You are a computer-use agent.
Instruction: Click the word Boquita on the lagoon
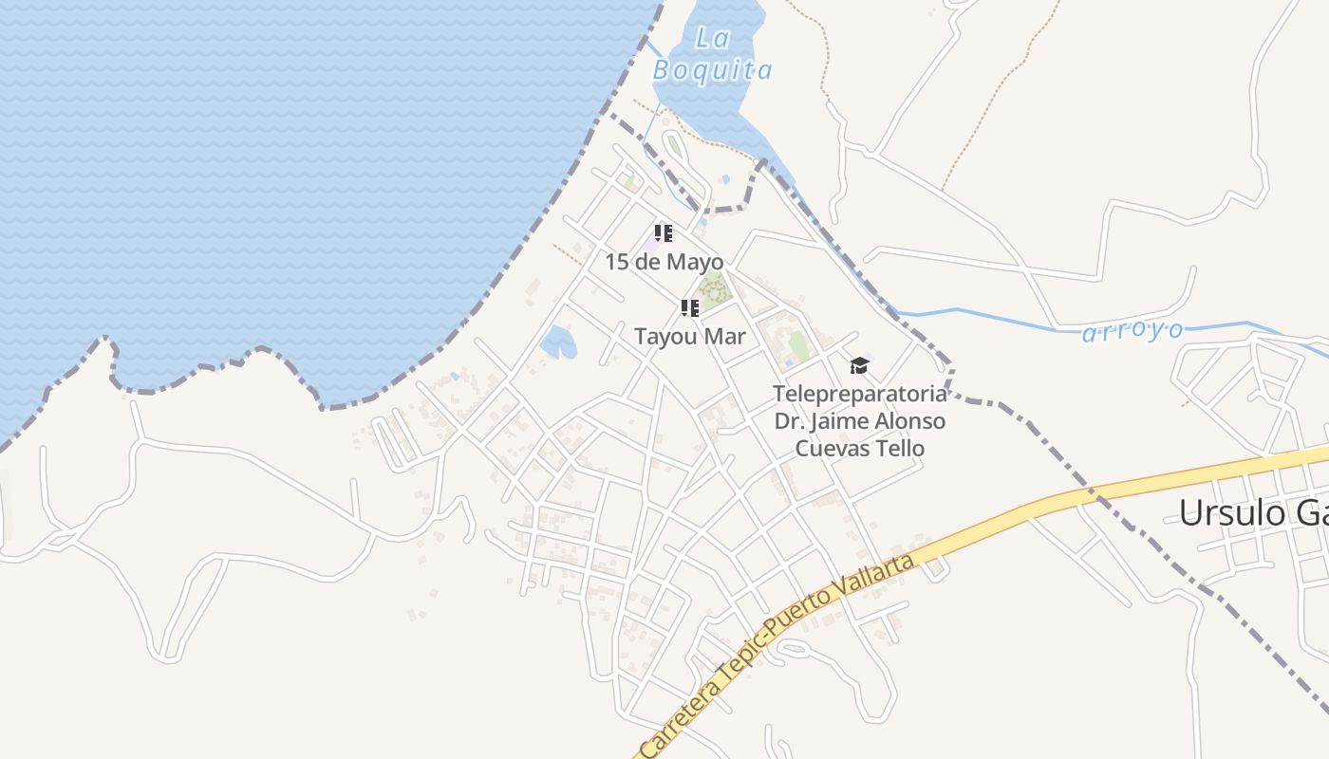(712, 70)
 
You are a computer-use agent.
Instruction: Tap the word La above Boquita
(711, 38)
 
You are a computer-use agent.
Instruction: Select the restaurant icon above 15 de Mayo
(664, 232)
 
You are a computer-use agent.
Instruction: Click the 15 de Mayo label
(664, 262)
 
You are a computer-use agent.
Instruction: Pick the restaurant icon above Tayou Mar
(690, 307)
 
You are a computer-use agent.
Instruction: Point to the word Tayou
(665, 337)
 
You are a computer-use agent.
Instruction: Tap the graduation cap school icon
(859, 365)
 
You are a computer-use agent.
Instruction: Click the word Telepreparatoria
(860, 394)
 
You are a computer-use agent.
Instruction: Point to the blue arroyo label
(1132, 331)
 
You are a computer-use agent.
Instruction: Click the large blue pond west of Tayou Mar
(557, 342)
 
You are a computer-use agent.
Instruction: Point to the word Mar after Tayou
(725, 337)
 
